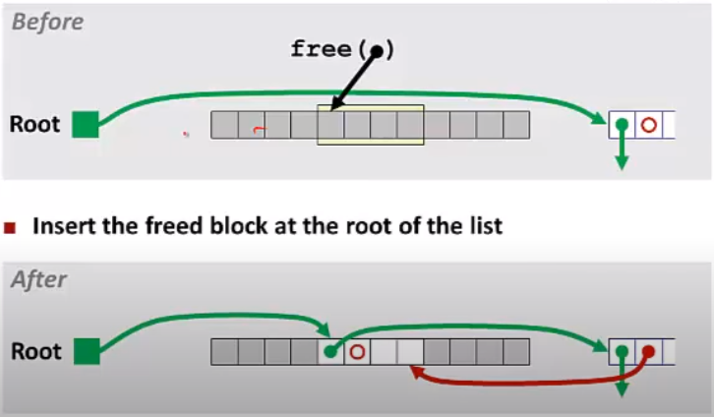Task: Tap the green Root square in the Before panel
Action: [87, 125]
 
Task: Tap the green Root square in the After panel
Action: [87, 351]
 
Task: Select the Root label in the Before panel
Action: [35, 125]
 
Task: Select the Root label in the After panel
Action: [35, 351]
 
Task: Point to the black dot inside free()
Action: [377, 51]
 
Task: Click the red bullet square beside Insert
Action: [11, 227]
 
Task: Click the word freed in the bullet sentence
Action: [173, 226]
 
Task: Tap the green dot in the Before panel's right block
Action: [622, 125]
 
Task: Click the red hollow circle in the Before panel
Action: [648, 125]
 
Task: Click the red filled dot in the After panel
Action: [648, 351]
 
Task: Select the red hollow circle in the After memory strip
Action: [358, 351]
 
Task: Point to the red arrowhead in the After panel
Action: [416, 372]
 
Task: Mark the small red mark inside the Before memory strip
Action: [258, 128]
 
